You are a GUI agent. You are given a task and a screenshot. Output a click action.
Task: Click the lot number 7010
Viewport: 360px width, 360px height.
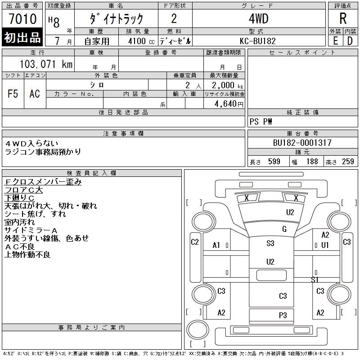point(23,19)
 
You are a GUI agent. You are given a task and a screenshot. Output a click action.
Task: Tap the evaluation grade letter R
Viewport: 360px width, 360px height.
point(343,18)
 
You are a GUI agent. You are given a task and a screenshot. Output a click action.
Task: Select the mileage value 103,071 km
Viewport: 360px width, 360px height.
point(46,64)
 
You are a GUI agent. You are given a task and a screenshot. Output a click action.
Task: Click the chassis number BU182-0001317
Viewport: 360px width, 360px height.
point(302,143)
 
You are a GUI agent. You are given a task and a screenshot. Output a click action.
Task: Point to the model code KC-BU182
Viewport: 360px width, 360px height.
point(257,41)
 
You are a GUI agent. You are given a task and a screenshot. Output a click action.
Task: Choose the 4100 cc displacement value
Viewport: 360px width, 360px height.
point(141,41)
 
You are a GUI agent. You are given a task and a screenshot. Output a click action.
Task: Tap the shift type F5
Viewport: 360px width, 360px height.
point(13,94)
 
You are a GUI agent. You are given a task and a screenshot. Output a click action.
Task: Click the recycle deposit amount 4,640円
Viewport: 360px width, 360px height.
point(229,104)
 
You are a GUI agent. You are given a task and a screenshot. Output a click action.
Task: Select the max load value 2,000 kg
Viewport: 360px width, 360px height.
point(227,85)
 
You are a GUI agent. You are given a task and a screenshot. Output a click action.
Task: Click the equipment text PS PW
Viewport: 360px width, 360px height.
point(261,121)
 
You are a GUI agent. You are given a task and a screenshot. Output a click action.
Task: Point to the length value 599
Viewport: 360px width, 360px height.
point(274,162)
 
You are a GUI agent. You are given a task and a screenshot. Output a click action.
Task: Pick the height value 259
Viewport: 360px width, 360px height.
point(348,162)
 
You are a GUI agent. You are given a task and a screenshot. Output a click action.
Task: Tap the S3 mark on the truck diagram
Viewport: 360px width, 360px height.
point(270,243)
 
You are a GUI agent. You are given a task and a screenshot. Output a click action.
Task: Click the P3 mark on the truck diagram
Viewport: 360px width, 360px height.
point(283,315)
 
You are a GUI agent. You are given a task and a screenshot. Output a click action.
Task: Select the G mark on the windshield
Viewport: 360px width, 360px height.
point(284,229)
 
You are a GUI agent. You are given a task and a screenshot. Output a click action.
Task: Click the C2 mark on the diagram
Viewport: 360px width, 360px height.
point(195,242)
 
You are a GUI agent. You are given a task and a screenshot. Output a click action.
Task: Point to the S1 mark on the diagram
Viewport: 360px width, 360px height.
point(315,279)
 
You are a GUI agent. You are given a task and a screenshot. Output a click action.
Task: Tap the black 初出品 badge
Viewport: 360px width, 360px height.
point(22,37)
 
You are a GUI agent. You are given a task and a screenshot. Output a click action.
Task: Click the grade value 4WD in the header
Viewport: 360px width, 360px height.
point(258,18)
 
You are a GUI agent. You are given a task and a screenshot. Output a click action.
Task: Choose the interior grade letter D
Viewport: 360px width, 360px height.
point(350,41)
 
